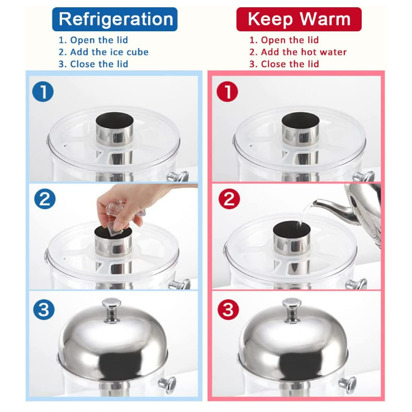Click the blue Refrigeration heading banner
point(115,19)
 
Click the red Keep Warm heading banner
point(299,19)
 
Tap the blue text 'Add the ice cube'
point(109,52)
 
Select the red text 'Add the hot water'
point(304,52)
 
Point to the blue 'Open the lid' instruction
point(99,40)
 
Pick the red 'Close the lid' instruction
point(290,64)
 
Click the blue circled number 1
point(43,92)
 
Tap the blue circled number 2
point(45,198)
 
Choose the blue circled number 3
point(44,309)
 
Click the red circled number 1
point(228,92)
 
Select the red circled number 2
point(229,198)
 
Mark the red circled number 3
point(228,309)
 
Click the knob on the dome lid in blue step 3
point(112,310)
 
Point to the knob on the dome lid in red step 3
point(292,310)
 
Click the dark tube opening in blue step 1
point(114,120)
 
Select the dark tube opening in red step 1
point(300,120)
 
